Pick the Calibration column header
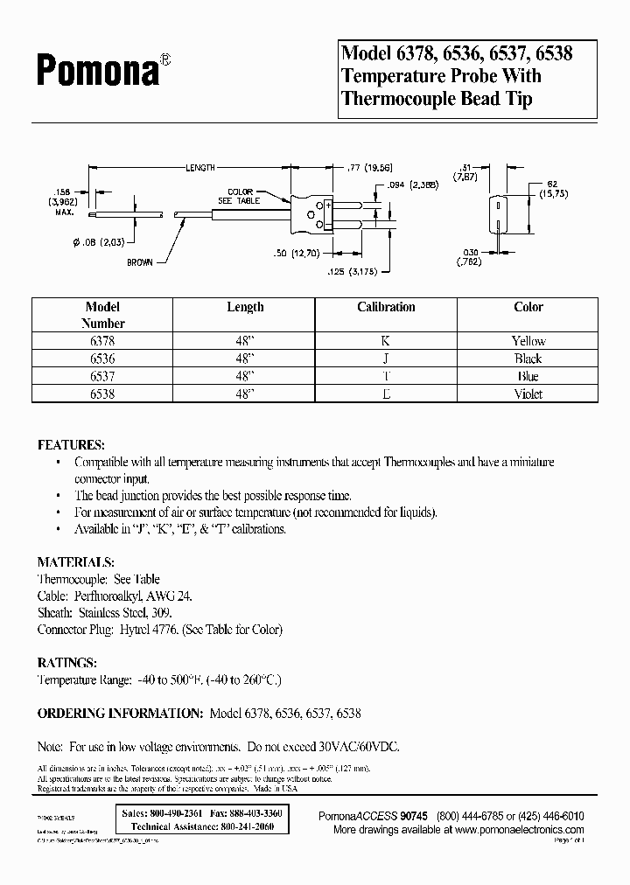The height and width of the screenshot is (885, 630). [x=386, y=307]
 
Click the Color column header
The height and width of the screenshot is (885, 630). [x=528, y=307]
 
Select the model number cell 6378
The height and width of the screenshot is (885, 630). [x=102, y=341]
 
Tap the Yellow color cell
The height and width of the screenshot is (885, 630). [x=528, y=341]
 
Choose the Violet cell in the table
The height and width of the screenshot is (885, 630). [x=528, y=394]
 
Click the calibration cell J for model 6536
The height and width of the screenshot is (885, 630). [x=386, y=359]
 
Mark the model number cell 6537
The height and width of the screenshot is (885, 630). [x=102, y=376]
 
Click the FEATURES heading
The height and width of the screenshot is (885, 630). [x=71, y=444]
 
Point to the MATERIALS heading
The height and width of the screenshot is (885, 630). [x=75, y=561]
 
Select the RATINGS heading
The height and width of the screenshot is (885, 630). [x=67, y=662]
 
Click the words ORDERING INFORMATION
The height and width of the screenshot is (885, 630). [x=121, y=714]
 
